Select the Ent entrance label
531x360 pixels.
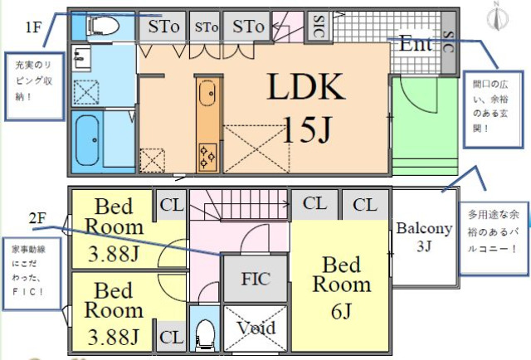[x=416, y=45]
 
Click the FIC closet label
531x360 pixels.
[x=255, y=279]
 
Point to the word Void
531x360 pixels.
[x=256, y=328]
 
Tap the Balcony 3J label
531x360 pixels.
[x=424, y=236]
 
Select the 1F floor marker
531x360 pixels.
[x=33, y=27]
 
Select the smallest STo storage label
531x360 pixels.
[x=207, y=27]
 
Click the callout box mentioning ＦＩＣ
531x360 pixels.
[x=31, y=275]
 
